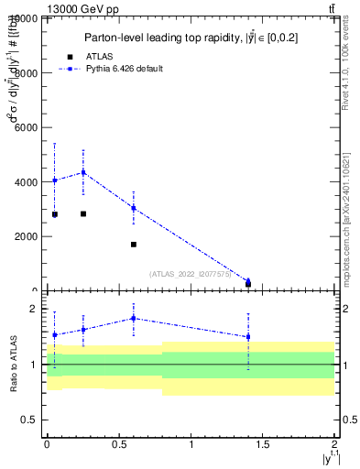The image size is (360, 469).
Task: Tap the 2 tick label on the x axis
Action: tap(334, 444)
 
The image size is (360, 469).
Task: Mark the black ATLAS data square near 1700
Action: tap(134, 245)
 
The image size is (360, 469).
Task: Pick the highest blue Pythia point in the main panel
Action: tap(83, 172)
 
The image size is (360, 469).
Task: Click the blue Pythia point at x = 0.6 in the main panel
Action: tap(134, 208)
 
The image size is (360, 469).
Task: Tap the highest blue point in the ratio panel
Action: tap(134, 319)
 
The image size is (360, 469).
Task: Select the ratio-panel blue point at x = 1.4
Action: tap(248, 336)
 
